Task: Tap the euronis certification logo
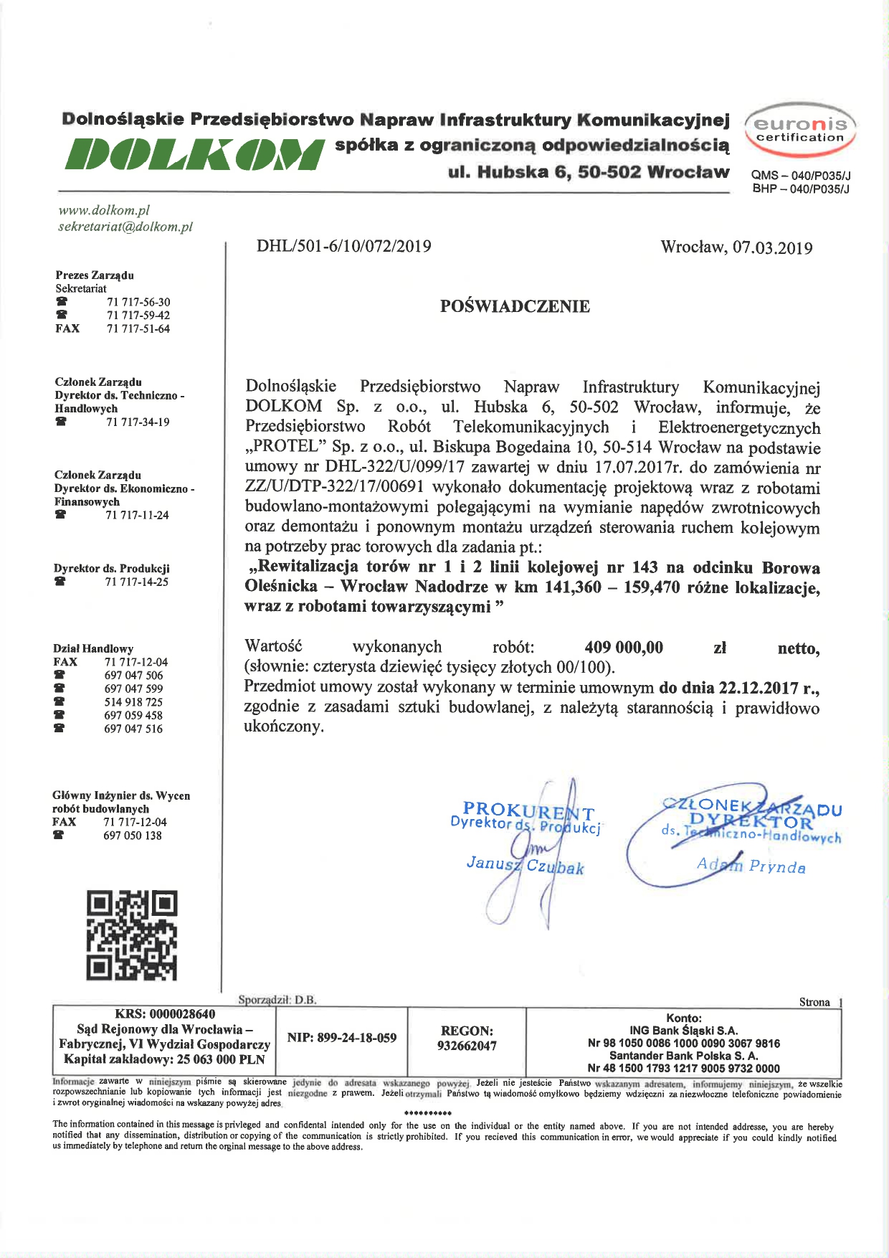pos(800,130)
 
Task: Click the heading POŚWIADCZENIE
pos(515,306)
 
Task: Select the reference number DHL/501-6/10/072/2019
pos(344,247)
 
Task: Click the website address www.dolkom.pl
pos(104,210)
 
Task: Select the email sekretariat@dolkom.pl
pos(125,227)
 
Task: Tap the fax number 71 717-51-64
pos(138,328)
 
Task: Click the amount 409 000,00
pos(624,648)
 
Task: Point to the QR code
pos(132,935)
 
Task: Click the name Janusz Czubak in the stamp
pos(525,866)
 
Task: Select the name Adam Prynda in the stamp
pos(751,866)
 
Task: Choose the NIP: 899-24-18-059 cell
pos(341,1038)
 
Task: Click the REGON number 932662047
pos(467,1046)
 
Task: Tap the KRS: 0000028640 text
pos(165,1014)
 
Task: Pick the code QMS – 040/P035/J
pos(800,176)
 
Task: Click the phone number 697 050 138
pos(133,836)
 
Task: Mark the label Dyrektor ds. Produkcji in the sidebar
pos(111,568)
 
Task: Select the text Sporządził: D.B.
pos(277,1000)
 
